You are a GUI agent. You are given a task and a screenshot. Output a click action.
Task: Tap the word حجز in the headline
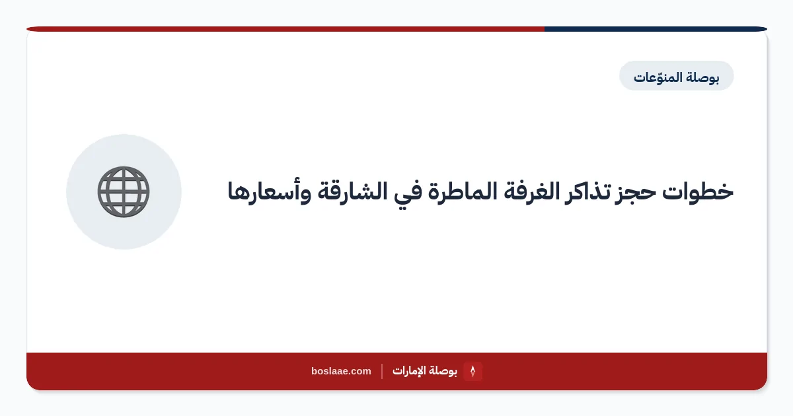click(636, 193)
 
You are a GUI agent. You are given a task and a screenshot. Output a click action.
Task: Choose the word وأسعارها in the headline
click(269, 193)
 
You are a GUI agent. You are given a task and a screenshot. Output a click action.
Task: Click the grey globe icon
click(124, 191)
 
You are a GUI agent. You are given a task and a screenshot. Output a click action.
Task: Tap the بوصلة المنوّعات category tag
click(677, 76)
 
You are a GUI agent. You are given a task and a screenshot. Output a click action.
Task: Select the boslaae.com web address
click(341, 371)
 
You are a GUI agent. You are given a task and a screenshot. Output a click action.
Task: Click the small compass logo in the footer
click(472, 371)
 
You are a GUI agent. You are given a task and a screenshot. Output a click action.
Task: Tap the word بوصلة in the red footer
click(443, 371)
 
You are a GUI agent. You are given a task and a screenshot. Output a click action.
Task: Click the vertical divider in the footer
click(382, 371)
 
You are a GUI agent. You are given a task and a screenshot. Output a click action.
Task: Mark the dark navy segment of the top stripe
click(656, 29)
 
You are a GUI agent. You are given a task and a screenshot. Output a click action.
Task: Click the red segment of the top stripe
click(285, 29)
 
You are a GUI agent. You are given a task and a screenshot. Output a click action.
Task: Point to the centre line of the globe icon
click(124, 191)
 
